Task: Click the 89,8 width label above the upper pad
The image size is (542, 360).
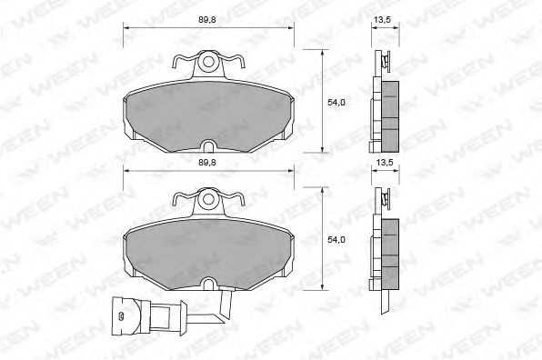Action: point(207,20)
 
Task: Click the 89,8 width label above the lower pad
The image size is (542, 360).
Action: point(207,163)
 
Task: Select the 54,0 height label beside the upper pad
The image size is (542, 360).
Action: point(336,102)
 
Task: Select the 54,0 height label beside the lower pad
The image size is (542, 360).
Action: point(336,239)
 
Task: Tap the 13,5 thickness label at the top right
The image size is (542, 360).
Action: point(382,20)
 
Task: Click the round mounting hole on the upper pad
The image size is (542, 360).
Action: point(208,62)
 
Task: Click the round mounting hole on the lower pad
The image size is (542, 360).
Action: point(208,199)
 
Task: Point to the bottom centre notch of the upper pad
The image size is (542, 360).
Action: point(208,146)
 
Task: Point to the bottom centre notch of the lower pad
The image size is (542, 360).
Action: point(208,284)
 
